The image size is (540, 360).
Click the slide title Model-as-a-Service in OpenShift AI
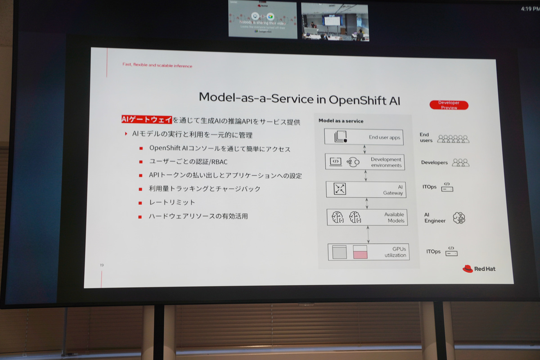(x=299, y=98)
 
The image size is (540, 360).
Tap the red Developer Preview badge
(x=449, y=105)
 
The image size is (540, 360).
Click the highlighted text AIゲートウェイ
(x=147, y=120)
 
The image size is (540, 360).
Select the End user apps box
(x=364, y=137)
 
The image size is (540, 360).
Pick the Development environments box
(x=365, y=162)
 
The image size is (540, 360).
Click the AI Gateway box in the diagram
(x=366, y=189)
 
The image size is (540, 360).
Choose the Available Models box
(x=367, y=217)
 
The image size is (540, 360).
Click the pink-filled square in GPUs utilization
(x=360, y=252)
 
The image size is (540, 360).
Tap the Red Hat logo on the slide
(x=479, y=269)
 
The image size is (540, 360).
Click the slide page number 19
(x=102, y=265)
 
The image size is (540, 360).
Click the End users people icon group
(x=453, y=139)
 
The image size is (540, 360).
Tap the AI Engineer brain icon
(x=459, y=218)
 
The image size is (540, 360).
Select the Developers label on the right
(x=434, y=162)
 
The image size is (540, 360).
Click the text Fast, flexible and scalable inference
(x=157, y=66)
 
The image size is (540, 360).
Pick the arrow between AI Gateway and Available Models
(x=367, y=203)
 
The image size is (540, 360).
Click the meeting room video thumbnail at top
(x=334, y=22)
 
